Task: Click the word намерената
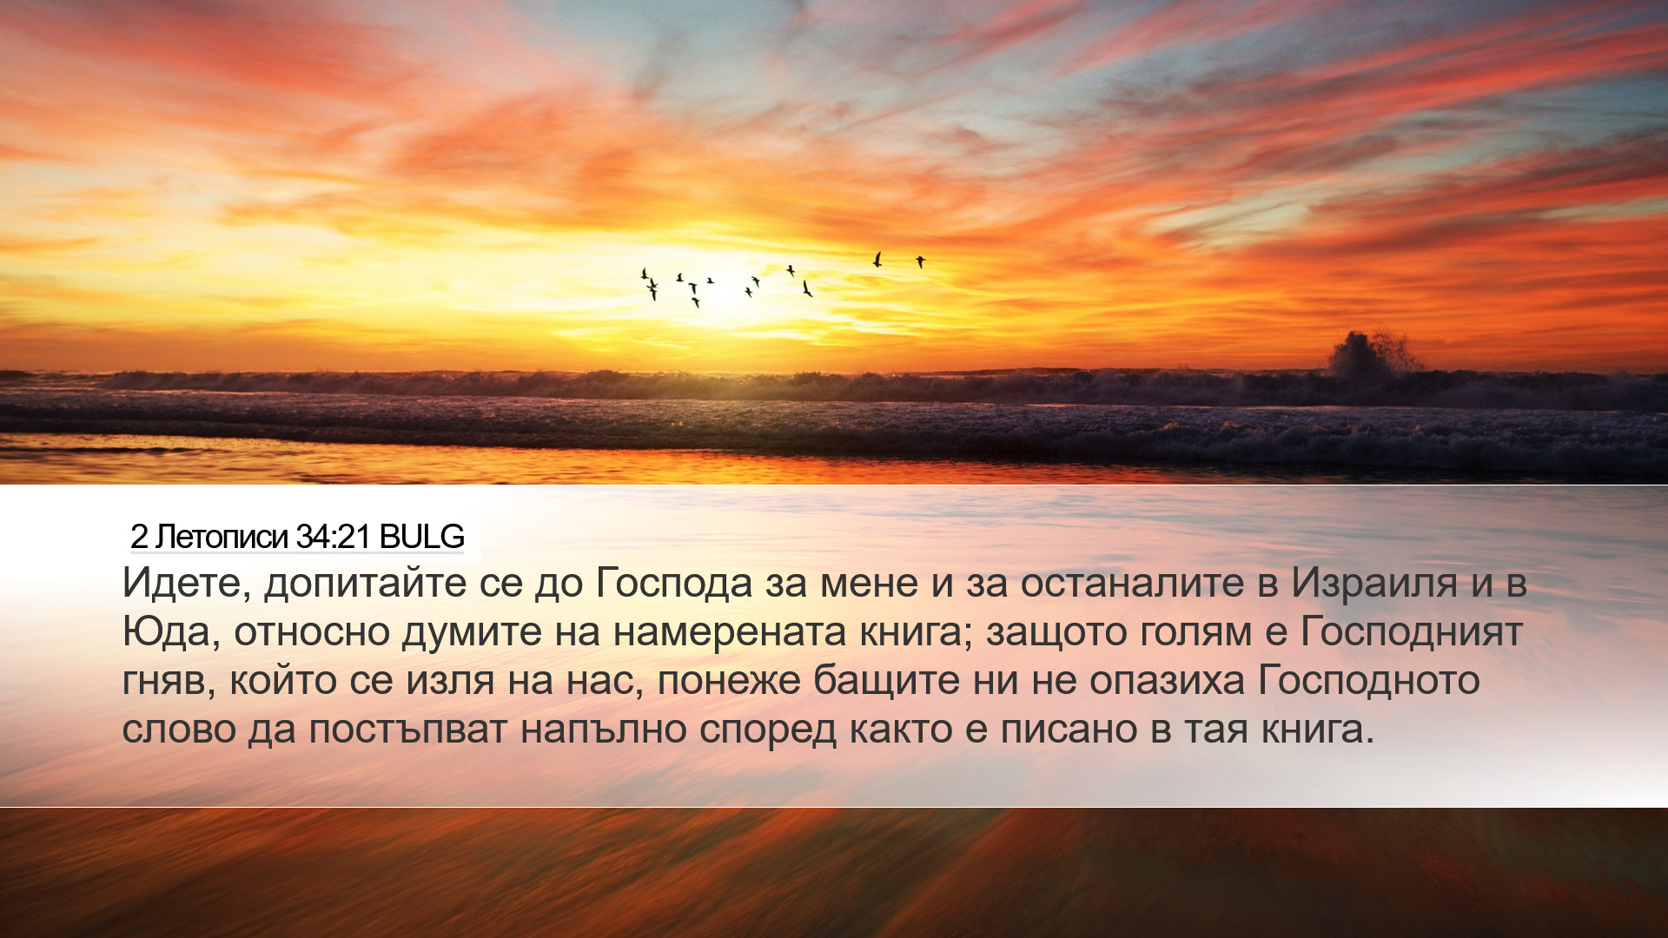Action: [730, 632]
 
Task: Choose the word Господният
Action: [1411, 633]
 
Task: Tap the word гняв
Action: [168, 682]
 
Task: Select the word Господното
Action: [1369, 681]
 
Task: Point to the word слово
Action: [179, 730]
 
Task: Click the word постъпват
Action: [407, 730]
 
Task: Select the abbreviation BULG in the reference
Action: [422, 538]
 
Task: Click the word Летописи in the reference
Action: [222, 538]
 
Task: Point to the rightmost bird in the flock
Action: [920, 261]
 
